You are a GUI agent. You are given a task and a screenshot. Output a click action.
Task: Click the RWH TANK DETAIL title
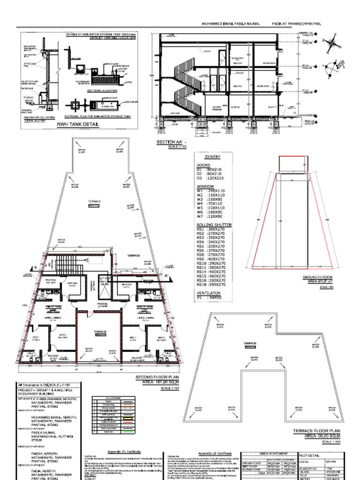[x=78, y=125]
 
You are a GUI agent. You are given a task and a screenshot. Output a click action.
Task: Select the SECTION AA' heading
[x=172, y=142]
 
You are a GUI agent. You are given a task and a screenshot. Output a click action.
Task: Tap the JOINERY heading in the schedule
[x=213, y=157]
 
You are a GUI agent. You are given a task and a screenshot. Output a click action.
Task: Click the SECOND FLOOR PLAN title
[x=157, y=377]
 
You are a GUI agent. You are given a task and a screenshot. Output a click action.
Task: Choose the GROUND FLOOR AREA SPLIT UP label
[x=321, y=280]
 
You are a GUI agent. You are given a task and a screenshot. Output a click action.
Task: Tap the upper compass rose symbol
[x=333, y=42]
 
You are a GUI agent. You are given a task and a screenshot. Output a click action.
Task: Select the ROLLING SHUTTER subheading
[x=214, y=225]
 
